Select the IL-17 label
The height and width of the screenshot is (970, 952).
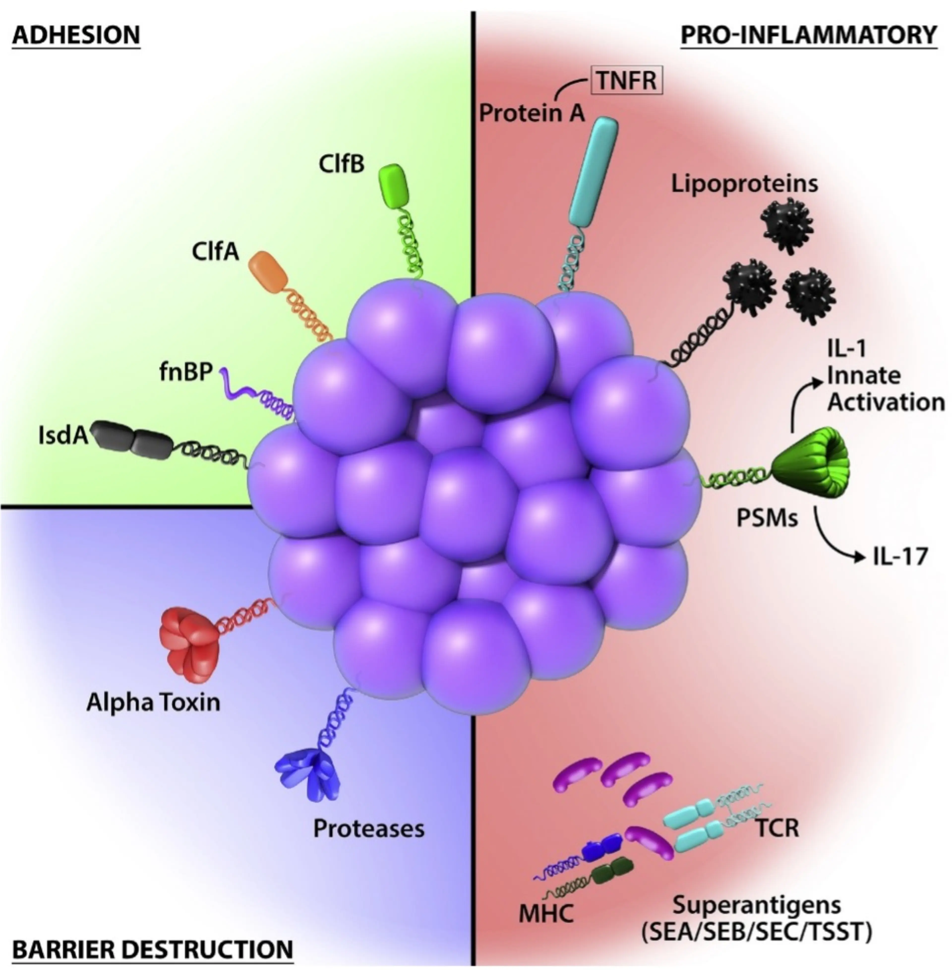tap(900, 556)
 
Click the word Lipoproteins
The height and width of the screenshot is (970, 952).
tap(744, 184)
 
